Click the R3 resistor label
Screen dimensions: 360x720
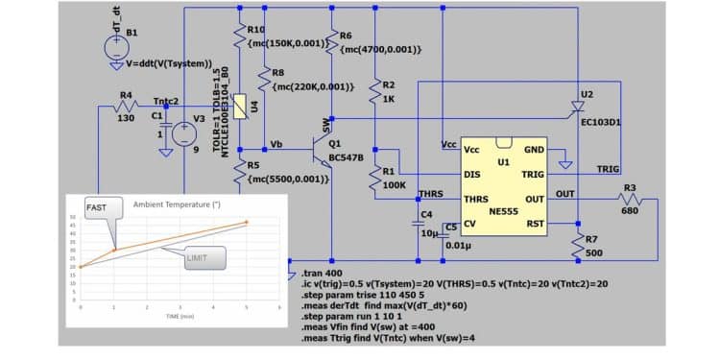631,187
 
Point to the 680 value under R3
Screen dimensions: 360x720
631,211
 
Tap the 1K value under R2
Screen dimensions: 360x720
389,99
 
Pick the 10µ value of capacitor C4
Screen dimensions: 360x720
429,232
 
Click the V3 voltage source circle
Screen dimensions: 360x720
178,133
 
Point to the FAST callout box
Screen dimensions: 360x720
97,207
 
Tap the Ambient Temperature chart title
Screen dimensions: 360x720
176,205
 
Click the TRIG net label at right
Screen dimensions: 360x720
609,169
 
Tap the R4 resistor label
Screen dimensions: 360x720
126,94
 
